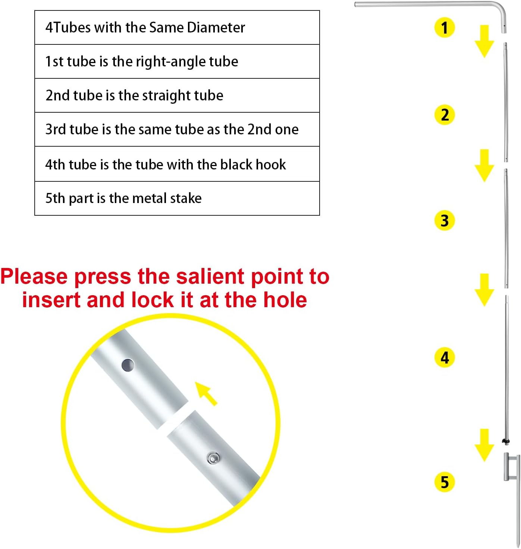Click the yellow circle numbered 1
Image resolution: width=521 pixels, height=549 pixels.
(444, 27)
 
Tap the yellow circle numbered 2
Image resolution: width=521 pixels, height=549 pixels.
(444, 115)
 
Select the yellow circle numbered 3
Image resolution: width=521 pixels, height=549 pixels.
(444, 220)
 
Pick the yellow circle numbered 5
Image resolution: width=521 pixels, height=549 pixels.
(444, 481)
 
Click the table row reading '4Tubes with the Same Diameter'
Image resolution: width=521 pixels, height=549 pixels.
(177, 27)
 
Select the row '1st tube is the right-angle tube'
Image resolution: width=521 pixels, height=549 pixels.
(177, 61)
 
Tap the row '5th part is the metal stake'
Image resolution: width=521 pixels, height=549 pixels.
(177, 198)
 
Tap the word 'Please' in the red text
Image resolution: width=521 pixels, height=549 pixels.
(34, 276)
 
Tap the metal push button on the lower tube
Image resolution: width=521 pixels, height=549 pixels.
(213, 458)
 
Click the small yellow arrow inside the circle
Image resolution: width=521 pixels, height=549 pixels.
(205, 393)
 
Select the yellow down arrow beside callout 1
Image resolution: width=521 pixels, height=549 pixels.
(484, 41)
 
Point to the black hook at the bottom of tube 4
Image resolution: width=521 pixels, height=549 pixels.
(505, 442)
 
